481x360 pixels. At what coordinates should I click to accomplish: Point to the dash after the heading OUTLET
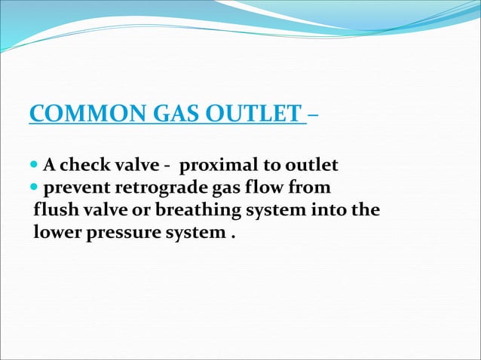[313, 115]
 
